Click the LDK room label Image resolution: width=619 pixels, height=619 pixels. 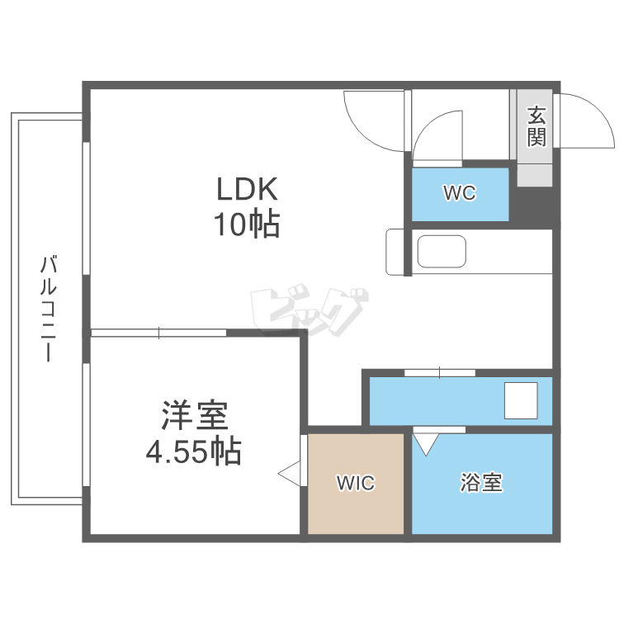(247, 189)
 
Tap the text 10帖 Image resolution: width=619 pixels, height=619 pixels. (247, 224)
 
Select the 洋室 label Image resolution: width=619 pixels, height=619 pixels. (195, 416)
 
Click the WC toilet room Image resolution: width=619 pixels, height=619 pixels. (460, 194)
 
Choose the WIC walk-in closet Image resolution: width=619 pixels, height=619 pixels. (356, 484)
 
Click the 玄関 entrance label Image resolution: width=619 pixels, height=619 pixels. (536, 126)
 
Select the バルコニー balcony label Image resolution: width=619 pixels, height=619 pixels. (49, 309)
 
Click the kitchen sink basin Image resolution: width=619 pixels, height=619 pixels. (442, 252)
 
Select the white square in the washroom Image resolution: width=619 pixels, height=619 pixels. (521, 400)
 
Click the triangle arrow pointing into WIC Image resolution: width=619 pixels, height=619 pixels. (291, 475)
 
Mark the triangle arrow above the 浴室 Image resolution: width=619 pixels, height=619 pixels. (426, 444)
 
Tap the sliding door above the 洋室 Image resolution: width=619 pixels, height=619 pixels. (158, 333)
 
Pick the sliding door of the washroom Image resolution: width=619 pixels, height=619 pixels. (439, 373)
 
